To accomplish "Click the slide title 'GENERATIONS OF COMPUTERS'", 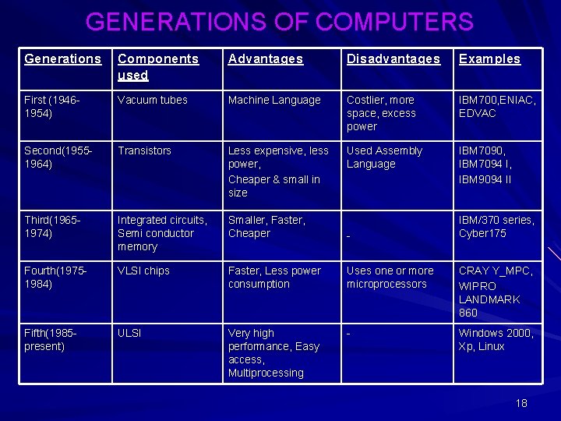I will [280, 22].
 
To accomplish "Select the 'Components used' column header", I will [158, 67].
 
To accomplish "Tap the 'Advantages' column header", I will [266, 59].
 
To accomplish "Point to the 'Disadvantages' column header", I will [393, 59].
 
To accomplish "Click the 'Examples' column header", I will [489, 59].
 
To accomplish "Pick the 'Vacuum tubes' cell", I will [153, 101].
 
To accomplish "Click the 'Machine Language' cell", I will [274, 101].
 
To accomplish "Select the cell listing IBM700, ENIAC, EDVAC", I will [497, 107].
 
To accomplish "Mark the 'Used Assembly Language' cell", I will [384, 157].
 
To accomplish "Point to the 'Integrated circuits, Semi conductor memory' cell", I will [162, 233].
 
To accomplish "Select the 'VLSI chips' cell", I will [143, 271].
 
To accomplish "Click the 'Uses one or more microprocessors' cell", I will [390, 278].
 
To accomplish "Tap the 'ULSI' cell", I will [129, 334].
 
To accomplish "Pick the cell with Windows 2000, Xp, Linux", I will [496, 340].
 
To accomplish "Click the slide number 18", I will [521, 403].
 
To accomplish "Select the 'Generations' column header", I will [63, 59].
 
